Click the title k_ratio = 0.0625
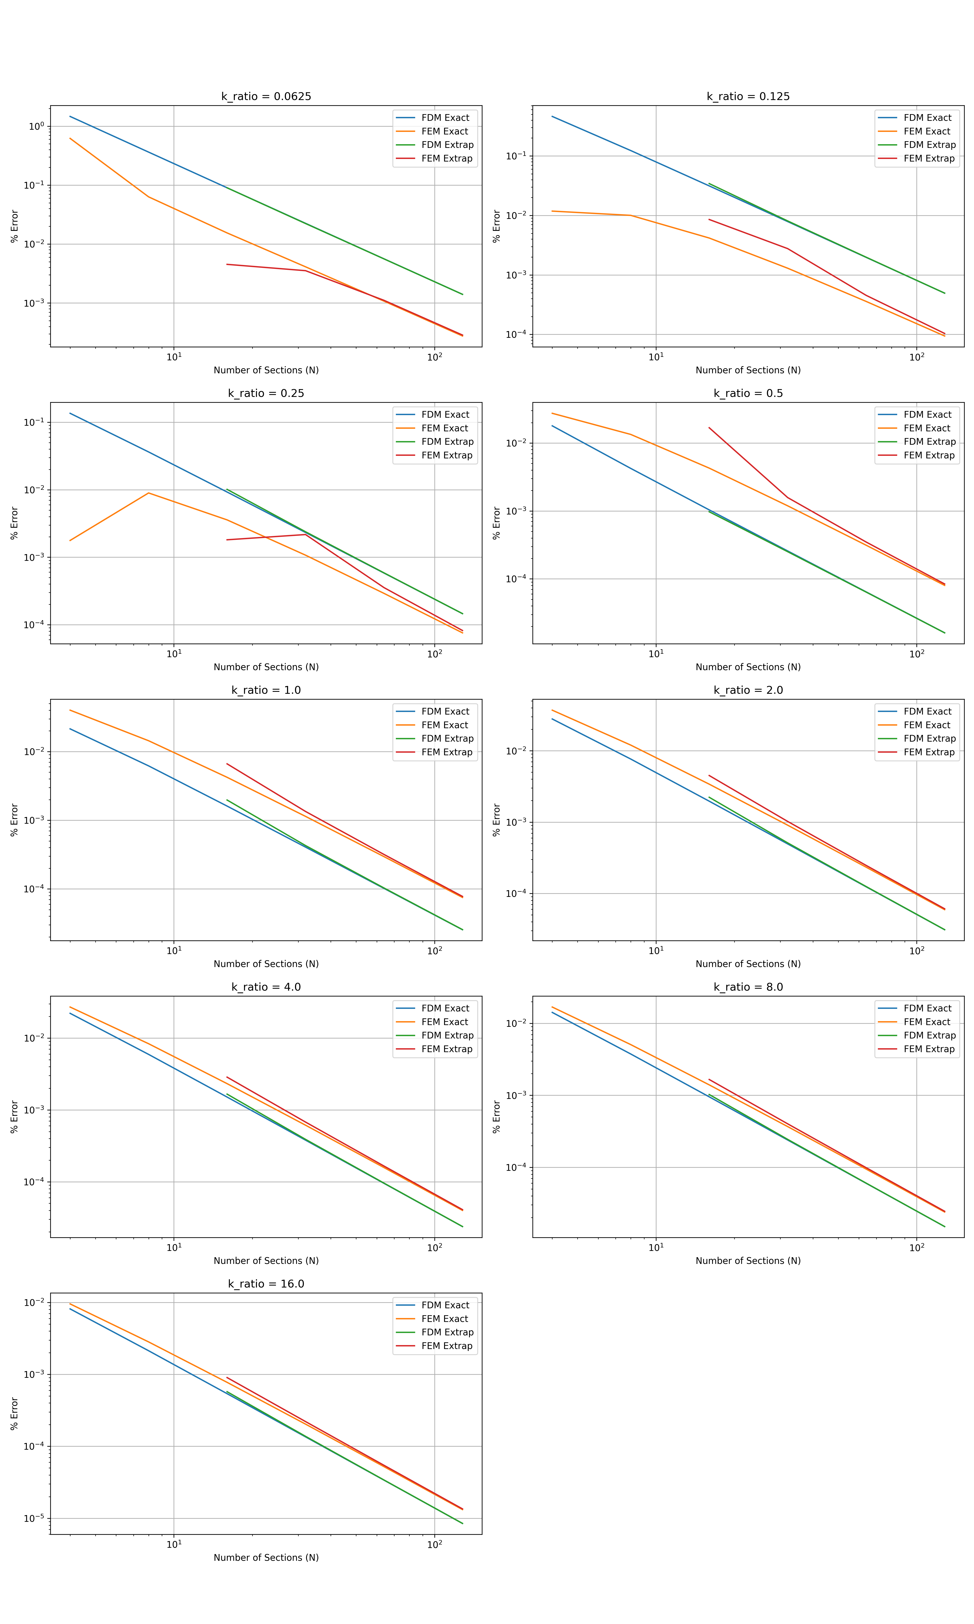pyautogui.click(x=266, y=97)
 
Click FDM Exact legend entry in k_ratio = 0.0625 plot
pyautogui.click(x=445, y=118)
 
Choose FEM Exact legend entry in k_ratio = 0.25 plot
pyautogui.click(x=444, y=428)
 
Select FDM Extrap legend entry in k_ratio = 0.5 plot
pyautogui.click(x=929, y=442)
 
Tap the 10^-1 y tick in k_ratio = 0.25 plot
pyautogui.click(x=34, y=422)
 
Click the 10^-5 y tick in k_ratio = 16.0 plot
pyautogui.click(x=34, y=1518)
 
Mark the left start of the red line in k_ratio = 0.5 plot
pyautogui.click(x=709, y=428)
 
